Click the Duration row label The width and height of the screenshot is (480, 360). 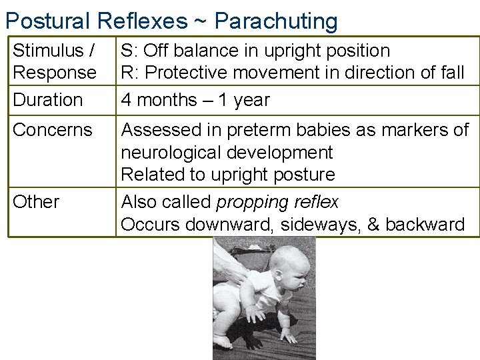pyautogui.click(x=48, y=100)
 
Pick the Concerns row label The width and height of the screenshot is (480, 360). pyautogui.click(x=53, y=129)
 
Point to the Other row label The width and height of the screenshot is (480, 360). pyautogui.click(x=36, y=201)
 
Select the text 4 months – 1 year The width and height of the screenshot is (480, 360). pyautogui.click(x=195, y=100)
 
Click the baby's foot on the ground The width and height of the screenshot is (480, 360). pyautogui.click(x=224, y=341)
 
